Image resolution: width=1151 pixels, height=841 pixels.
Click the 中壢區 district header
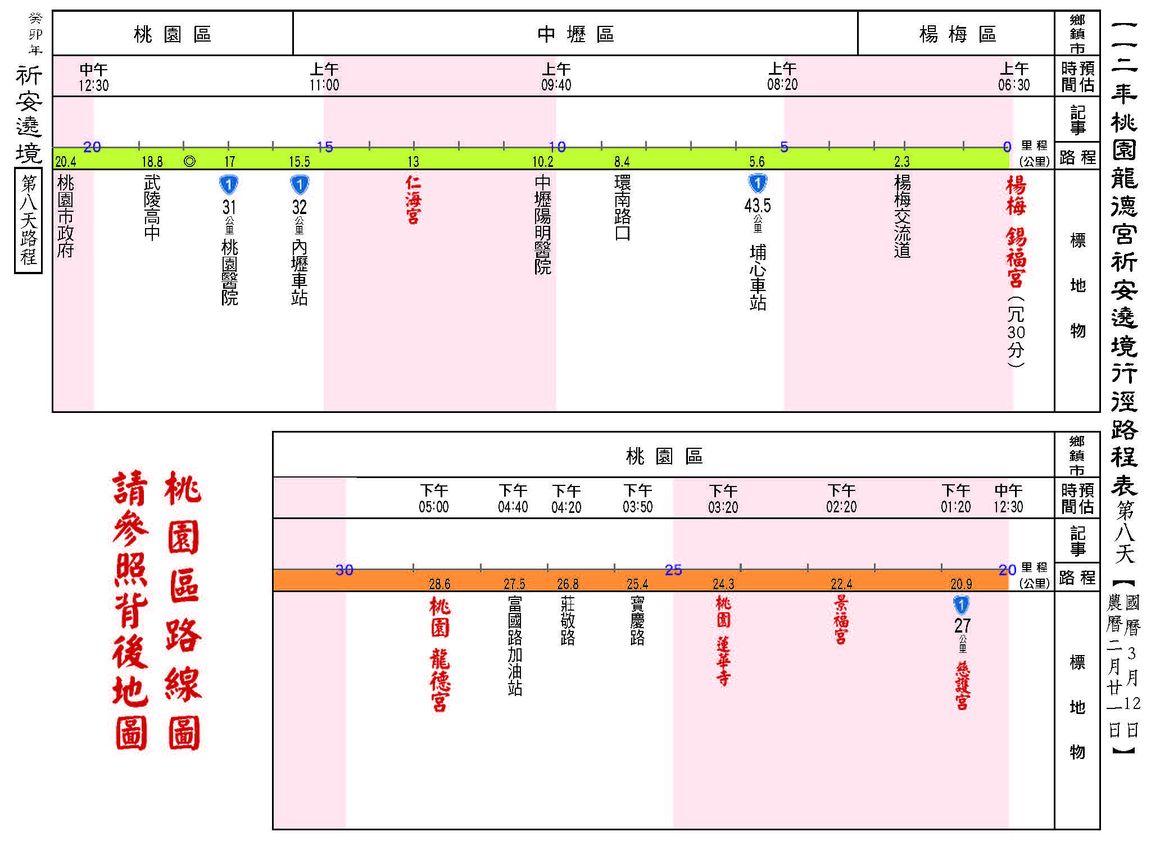(x=575, y=34)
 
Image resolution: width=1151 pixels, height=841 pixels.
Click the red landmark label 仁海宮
(x=413, y=200)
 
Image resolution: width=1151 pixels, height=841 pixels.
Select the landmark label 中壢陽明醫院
(x=542, y=224)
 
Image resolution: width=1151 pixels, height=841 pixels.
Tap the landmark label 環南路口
(x=622, y=207)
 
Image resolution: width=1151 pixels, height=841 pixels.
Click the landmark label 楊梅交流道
(x=902, y=216)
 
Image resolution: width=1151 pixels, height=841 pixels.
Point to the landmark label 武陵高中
(x=152, y=207)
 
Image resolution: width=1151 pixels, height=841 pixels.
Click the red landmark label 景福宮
(x=841, y=620)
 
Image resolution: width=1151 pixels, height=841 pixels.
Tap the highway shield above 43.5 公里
(x=758, y=184)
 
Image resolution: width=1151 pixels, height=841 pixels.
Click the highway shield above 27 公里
(x=962, y=605)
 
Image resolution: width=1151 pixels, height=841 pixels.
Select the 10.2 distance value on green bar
(x=543, y=162)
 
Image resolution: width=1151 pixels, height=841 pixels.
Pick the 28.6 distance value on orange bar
(x=439, y=584)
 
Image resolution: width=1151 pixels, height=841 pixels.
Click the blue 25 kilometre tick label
(x=673, y=570)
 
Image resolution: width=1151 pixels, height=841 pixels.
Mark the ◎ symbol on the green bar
(x=189, y=162)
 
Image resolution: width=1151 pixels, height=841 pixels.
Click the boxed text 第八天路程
(x=28, y=220)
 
